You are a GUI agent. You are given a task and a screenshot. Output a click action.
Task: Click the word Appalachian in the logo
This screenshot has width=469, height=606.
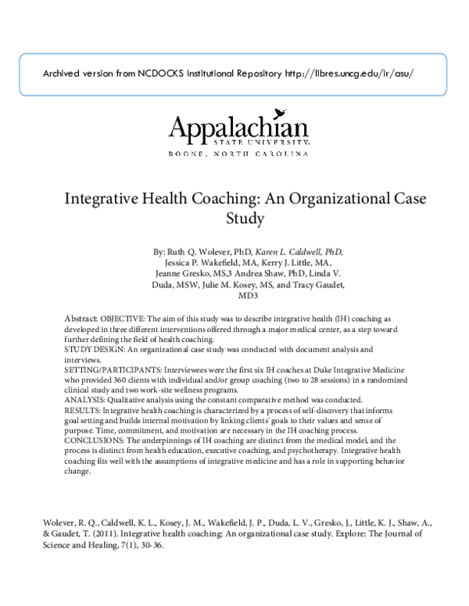pyautogui.click(x=238, y=127)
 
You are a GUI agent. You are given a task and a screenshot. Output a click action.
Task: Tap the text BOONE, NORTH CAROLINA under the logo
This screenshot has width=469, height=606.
pyautogui.click(x=238, y=154)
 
